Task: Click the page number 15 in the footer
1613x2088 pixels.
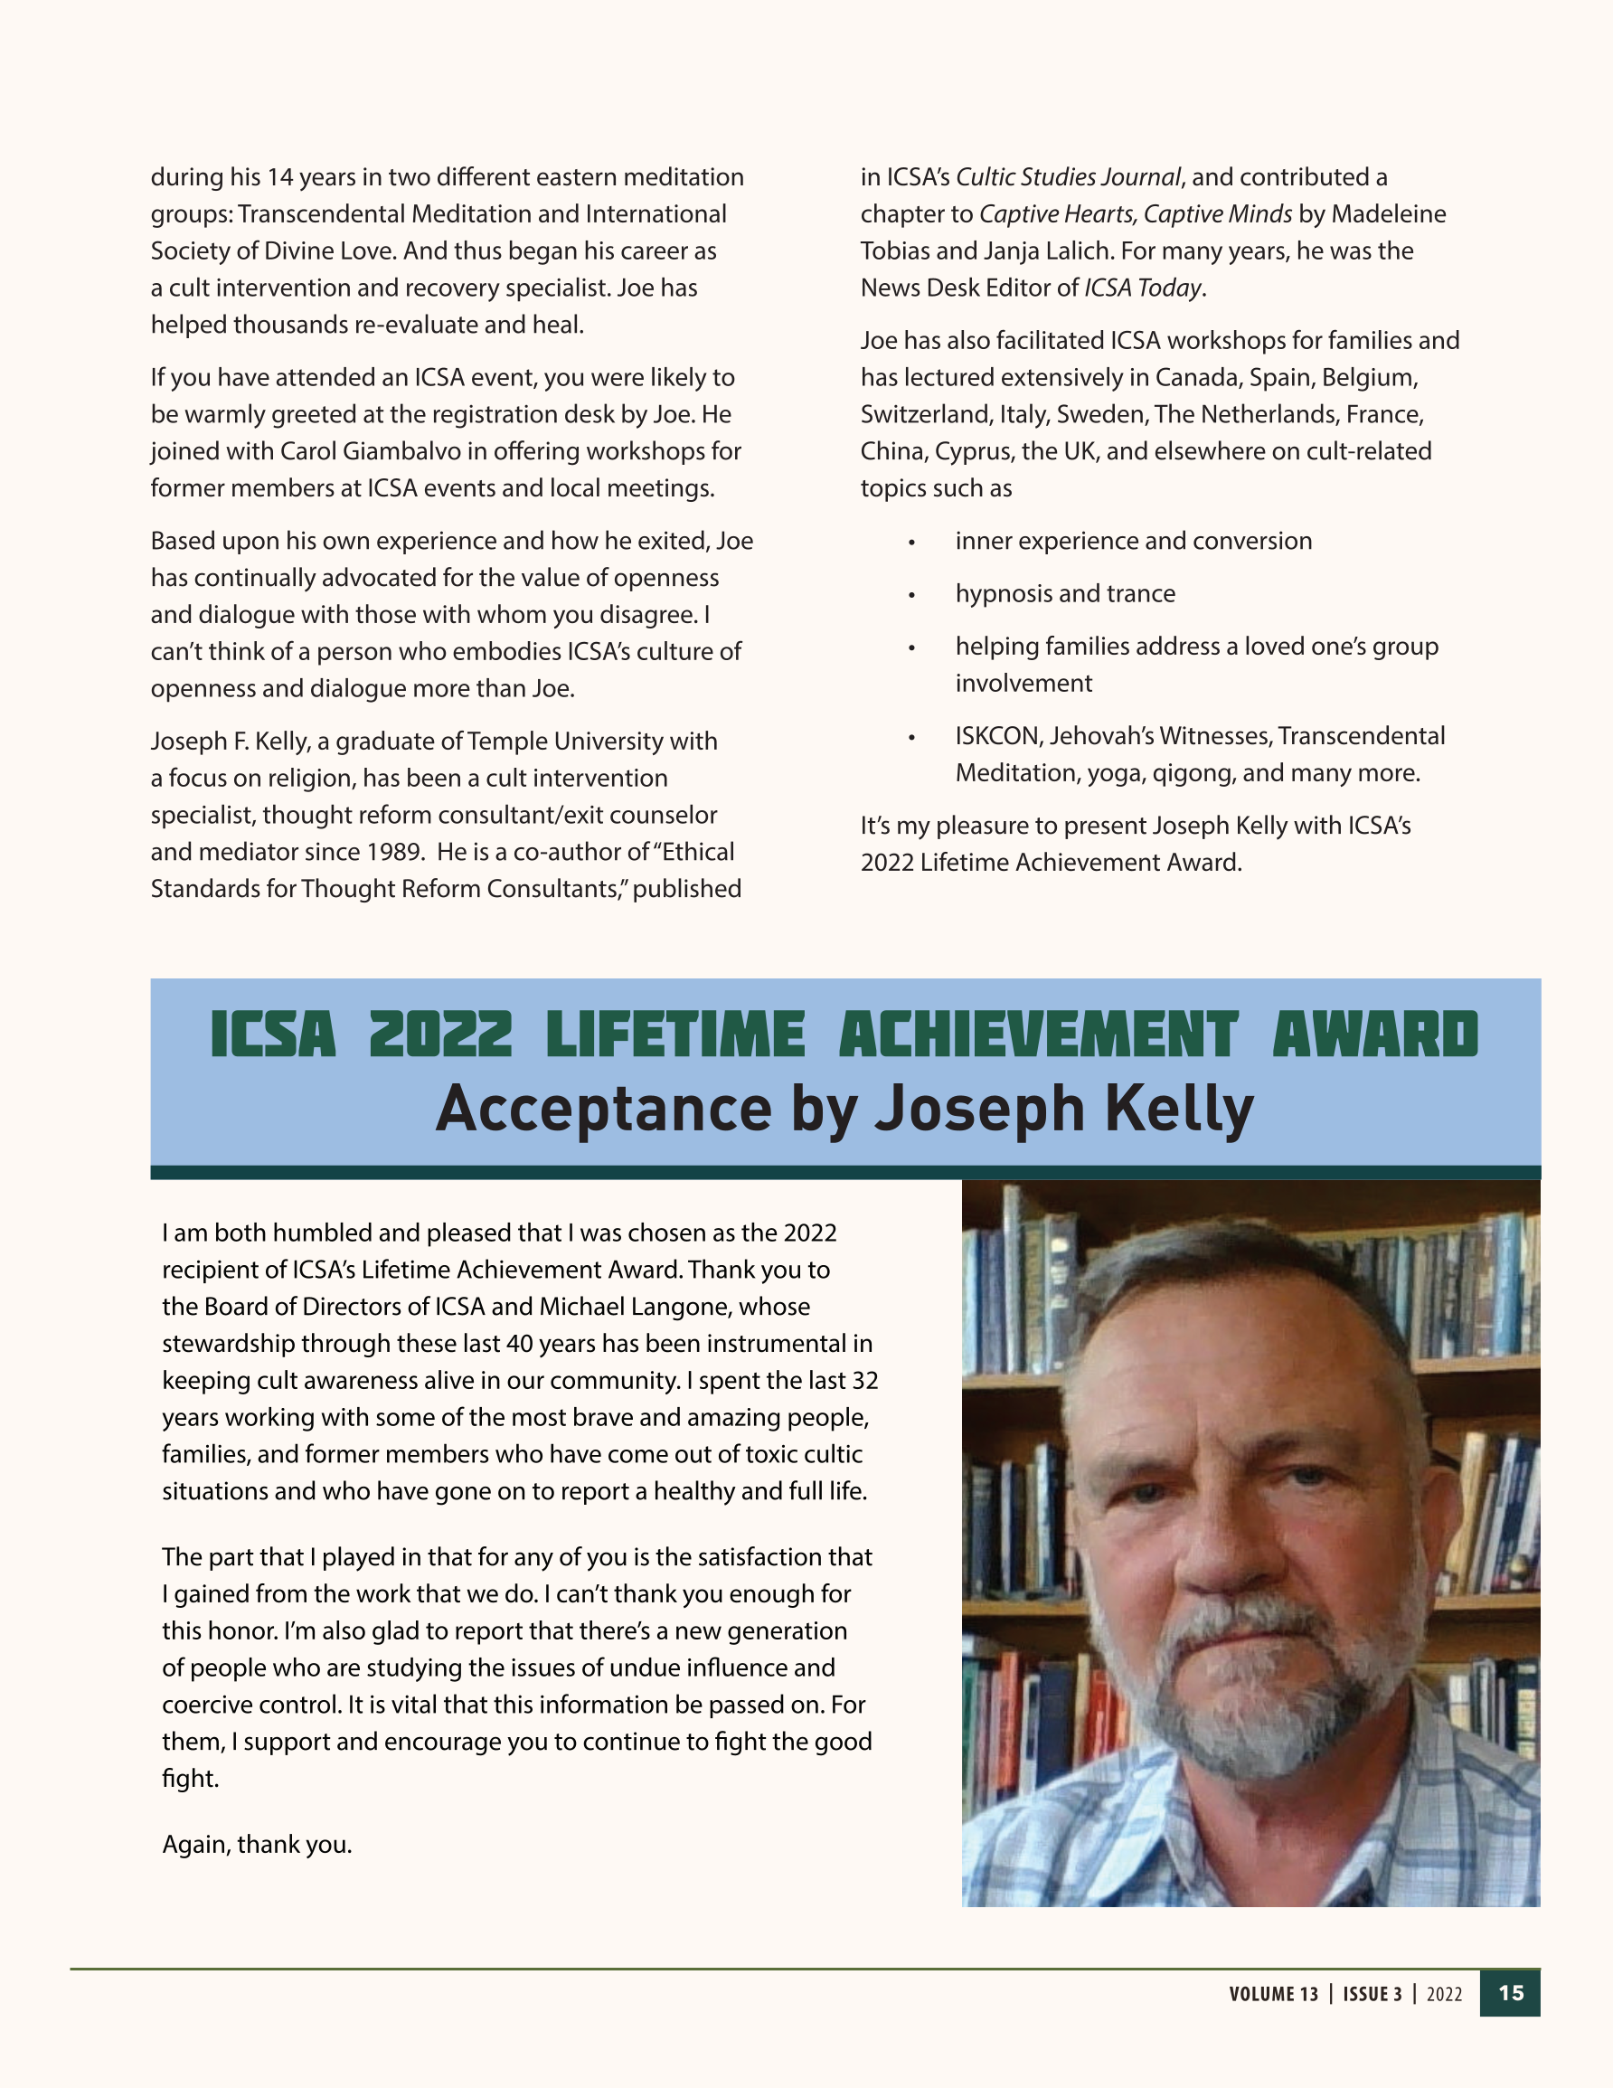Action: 1511,1993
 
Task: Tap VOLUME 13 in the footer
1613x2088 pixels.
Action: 1274,1994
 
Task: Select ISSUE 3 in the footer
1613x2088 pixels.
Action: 1372,1994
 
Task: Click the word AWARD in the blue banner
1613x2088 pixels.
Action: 1375,1035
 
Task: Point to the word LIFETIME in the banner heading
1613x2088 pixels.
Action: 675,1035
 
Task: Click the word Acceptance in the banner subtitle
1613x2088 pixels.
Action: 603,1109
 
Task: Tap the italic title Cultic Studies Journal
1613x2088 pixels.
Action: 1068,178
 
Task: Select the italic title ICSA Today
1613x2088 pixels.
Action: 1143,288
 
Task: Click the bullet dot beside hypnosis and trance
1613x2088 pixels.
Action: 912,595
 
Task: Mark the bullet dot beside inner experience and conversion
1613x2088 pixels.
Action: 912,542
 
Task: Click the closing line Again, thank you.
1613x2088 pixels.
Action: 257,1844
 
